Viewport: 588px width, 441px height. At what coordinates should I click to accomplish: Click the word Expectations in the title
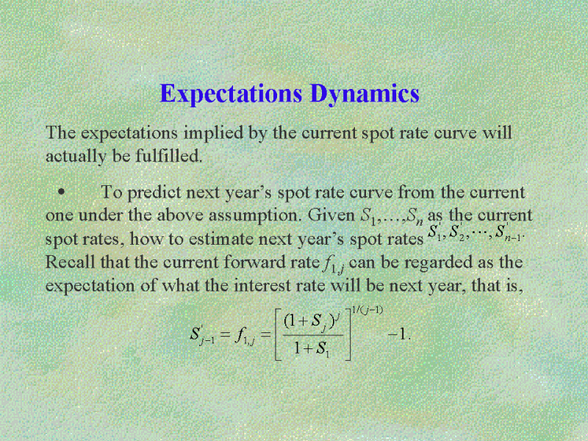click(231, 94)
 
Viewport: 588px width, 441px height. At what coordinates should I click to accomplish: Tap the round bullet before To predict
click(61, 193)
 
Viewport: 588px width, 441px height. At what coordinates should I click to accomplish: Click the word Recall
click(70, 262)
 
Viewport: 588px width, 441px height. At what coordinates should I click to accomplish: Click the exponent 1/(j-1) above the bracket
click(367, 310)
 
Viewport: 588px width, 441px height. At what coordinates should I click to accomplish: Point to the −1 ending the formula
click(399, 334)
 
